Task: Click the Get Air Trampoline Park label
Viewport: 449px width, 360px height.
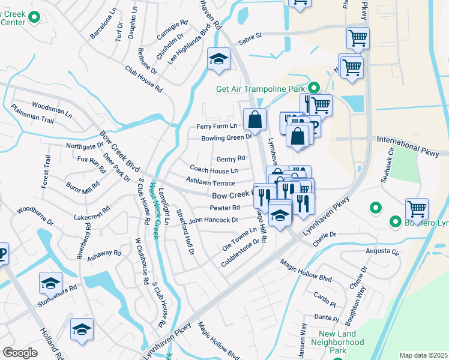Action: click(x=261, y=89)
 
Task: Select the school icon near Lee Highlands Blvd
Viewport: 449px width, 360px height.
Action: click(x=218, y=59)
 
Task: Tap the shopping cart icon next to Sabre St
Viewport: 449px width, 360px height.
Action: click(x=358, y=38)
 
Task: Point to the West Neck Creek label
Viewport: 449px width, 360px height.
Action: click(x=155, y=211)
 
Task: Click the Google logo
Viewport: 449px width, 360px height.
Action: click(x=20, y=352)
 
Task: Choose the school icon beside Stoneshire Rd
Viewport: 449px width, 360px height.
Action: click(x=51, y=283)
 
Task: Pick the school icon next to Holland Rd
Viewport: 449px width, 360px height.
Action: click(x=82, y=329)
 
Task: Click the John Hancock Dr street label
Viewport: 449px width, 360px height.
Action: click(x=214, y=220)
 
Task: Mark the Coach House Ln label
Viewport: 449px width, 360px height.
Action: click(x=214, y=170)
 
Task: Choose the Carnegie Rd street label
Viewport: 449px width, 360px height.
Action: click(x=172, y=30)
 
